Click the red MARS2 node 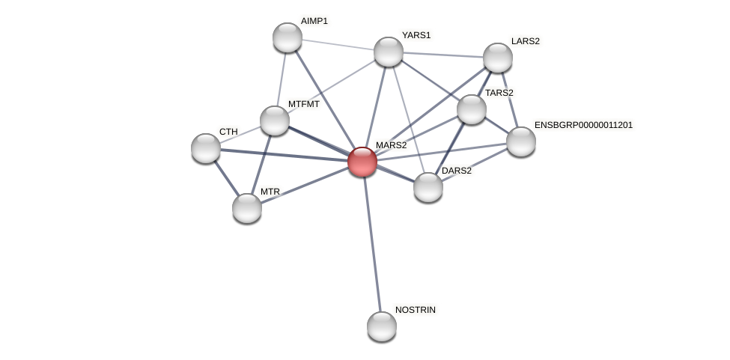point(362,162)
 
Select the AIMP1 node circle point(288,37)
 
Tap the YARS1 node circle point(389,52)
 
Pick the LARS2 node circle point(498,58)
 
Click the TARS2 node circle point(472,109)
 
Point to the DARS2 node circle point(428,187)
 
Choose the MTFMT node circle point(275,120)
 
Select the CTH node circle point(206,148)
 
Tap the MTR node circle point(247,208)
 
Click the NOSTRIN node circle point(382,326)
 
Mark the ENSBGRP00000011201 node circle point(521,141)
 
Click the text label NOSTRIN point(415,310)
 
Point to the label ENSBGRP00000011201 point(583,125)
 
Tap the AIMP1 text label point(314,21)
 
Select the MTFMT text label point(304,104)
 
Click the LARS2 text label point(525,41)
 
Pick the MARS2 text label point(391,145)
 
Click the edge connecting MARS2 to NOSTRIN point(372,243)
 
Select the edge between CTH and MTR point(225,177)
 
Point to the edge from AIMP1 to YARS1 point(338,44)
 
